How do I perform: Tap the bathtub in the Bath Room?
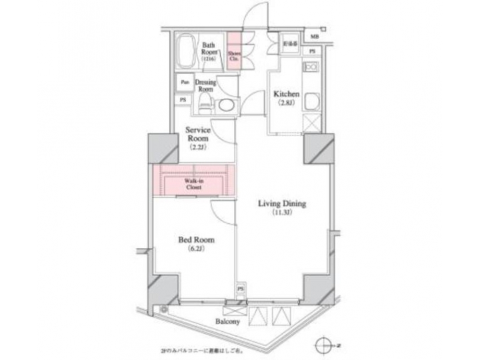click(186, 53)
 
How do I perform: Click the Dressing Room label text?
click(206, 85)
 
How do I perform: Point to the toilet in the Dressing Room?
click(205, 104)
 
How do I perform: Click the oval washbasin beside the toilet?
click(227, 105)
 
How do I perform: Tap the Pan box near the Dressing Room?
click(183, 83)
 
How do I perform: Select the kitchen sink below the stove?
click(311, 100)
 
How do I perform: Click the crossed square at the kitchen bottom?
click(311, 124)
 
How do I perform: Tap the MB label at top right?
click(313, 37)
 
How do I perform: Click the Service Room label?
click(198, 135)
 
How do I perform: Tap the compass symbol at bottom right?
click(325, 346)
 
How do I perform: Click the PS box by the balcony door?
click(239, 289)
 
